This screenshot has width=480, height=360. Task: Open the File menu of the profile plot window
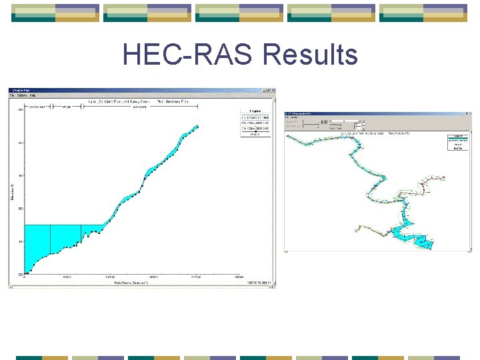[13, 95]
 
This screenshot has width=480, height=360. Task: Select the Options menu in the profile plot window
[22, 95]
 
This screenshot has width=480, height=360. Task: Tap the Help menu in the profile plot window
[33, 95]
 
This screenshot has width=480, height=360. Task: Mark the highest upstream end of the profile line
[197, 125]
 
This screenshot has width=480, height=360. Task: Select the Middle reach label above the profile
[67, 106]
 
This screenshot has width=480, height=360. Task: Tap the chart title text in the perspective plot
[373, 133]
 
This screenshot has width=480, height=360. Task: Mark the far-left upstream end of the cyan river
[287, 138]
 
